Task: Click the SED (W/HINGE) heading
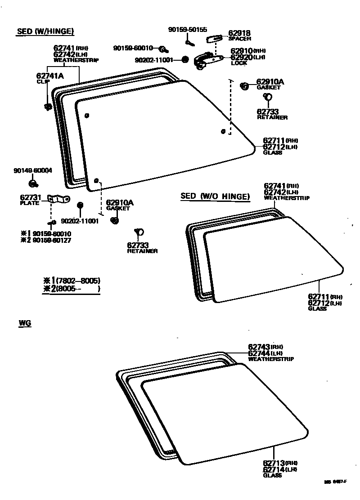click(x=45, y=31)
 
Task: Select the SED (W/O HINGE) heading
click(x=215, y=196)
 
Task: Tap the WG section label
click(x=25, y=323)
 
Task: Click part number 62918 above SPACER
click(x=239, y=33)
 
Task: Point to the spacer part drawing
click(x=214, y=39)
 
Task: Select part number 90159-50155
click(x=188, y=30)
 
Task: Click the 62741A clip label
click(x=50, y=76)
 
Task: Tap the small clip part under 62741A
click(x=47, y=107)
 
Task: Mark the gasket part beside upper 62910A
click(x=244, y=85)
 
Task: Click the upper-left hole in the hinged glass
click(x=87, y=116)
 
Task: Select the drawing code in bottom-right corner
click(x=335, y=482)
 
